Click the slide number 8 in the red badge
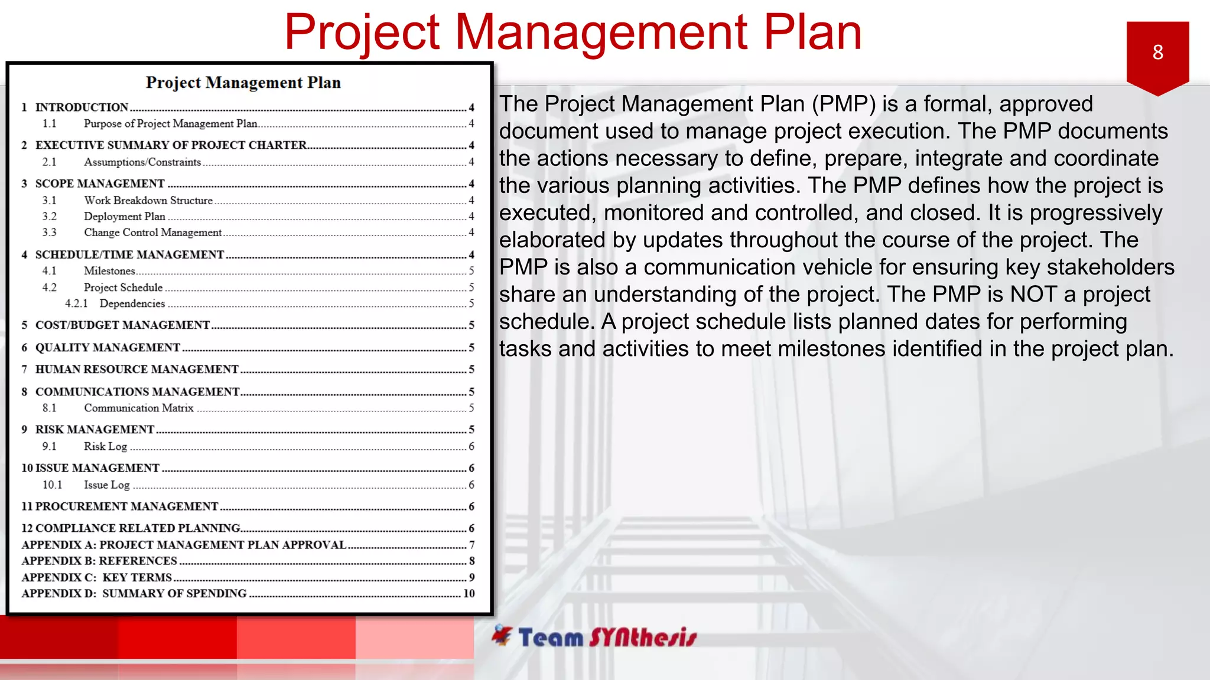pos(1157,52)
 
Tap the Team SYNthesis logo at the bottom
pos(594,637)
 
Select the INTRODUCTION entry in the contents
pos(82,107)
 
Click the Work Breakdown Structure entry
pos(148,201)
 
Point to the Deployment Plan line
pos(124,217)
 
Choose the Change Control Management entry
pos(152,233)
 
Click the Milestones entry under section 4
pos(109,271)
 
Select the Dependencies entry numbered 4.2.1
pos(132,303)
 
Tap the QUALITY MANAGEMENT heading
pos(108,348)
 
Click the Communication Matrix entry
pos(138,408)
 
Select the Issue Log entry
pos(106,485)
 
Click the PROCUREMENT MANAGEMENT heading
pos(126,506)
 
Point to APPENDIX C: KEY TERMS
pos(96,577)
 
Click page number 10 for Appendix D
pos(469,594)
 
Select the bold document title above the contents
pos(243,83)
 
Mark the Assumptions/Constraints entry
pos(142,162)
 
